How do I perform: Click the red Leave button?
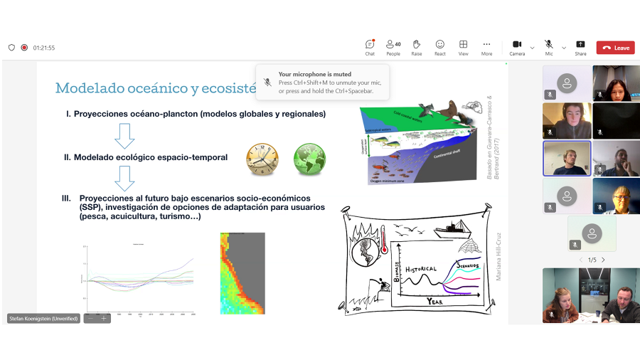615,48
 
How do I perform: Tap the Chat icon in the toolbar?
370,45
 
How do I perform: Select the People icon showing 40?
393,45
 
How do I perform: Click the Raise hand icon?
417,45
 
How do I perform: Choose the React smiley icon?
440,45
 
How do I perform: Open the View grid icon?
464,45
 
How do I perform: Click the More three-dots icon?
486,45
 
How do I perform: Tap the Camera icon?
517,45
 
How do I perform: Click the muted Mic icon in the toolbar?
549,45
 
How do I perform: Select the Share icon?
580,45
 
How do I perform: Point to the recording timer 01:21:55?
44,48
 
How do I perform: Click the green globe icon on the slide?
309,159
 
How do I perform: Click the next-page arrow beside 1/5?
603,260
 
